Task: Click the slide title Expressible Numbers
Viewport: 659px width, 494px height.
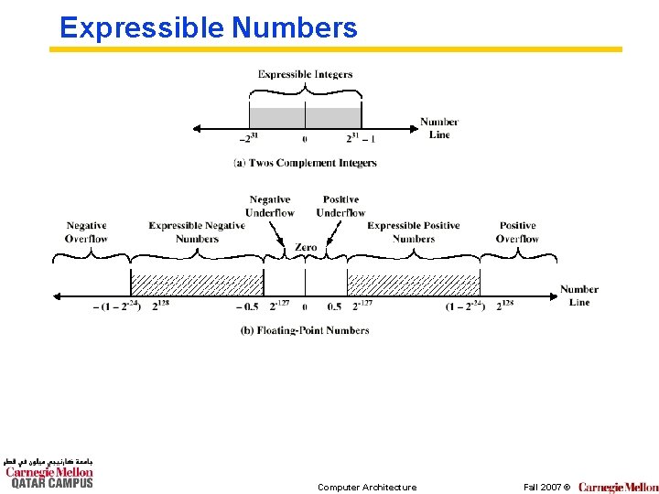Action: click(x=208, y=27)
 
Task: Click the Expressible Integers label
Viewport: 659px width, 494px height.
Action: click(x=305, y=74)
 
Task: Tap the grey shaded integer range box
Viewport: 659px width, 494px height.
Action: click(x=305, y=117)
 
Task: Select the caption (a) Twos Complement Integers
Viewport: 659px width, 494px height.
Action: click(x=305, y=163)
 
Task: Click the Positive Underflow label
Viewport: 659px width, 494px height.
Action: click(x=340, y=206)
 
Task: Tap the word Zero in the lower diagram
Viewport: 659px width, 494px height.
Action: click(x=306, y=247)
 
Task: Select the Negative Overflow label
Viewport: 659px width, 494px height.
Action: click(x=86, y=231)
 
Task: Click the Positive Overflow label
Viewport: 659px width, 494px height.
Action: click(x=517, y=231)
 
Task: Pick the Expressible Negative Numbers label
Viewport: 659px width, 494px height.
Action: click(x=197, y=231)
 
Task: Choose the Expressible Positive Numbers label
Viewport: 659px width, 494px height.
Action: click(x=414, y=231)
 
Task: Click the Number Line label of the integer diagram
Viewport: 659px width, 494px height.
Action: click(x=439, y=128)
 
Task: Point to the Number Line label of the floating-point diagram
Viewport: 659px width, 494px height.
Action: click(x=579, y=295)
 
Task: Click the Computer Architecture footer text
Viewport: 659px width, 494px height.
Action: click(x=366, y=487)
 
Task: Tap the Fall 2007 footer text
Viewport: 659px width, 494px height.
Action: click(x=546, y=487)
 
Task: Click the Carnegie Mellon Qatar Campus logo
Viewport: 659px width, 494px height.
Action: click(x=49, y=473)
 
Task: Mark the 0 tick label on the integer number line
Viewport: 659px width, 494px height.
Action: click(x=305, y=139)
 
